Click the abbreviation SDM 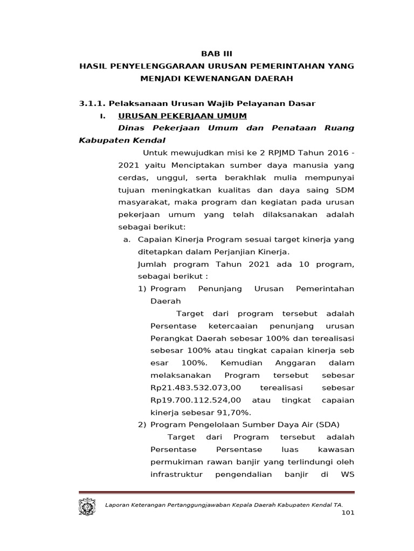[x=344, y=190]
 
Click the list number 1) [x=142, y=289]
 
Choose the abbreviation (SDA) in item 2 [x=328, y=425]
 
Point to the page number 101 [x=348, y=513]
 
